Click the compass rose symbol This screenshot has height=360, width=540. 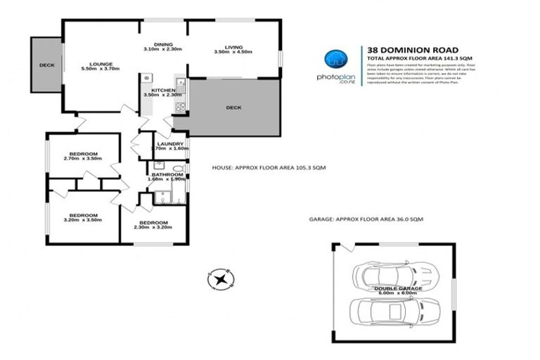(221, 279)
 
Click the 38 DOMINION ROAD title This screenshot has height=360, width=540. (401, 50)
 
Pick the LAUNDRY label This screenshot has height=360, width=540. (169, 143)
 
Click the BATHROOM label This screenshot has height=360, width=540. (167, 174)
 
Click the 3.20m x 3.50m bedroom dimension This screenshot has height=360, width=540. (82, 220)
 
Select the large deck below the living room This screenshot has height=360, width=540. (233, 108)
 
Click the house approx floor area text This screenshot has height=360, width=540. (269, 168)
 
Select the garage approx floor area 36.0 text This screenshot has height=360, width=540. (366, 219)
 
